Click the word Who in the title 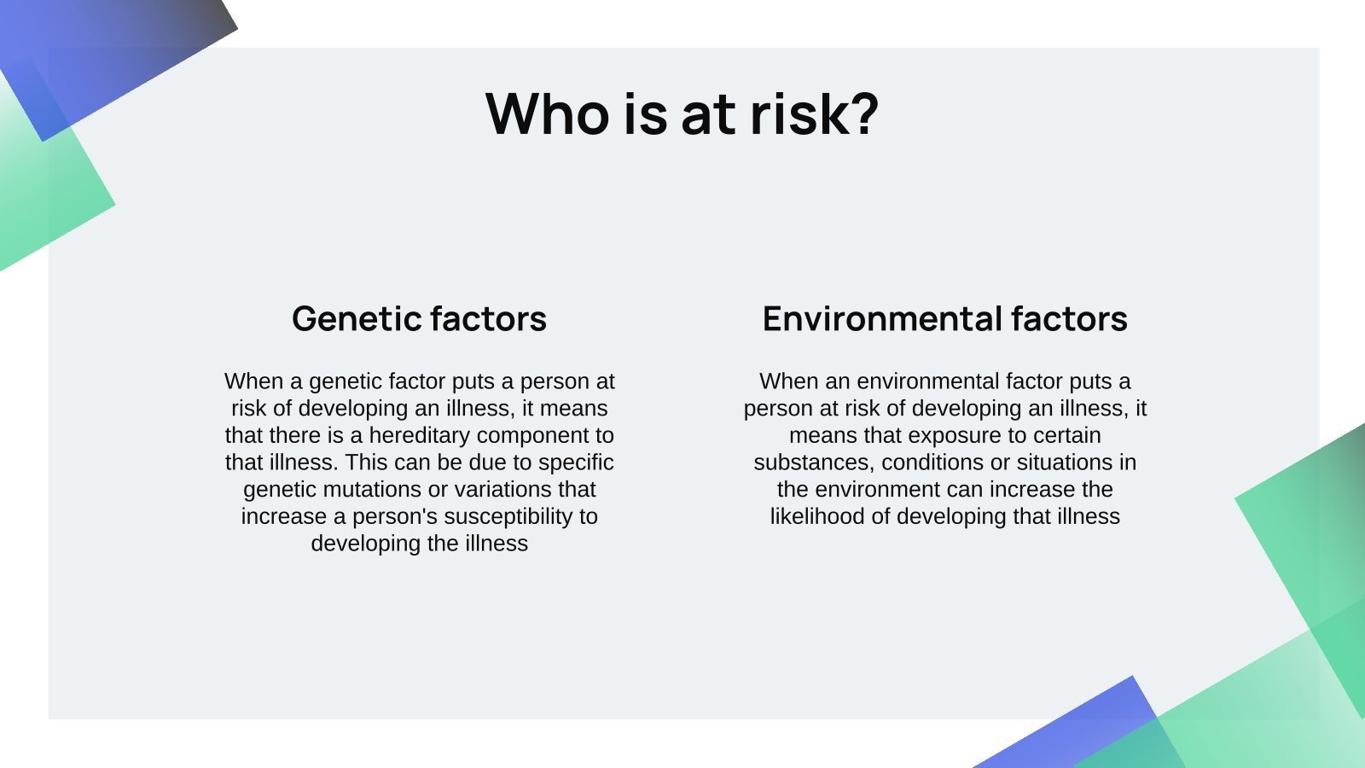547,113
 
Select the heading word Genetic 357,319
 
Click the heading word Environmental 882,319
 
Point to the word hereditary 419,435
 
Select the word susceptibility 508,517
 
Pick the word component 536,436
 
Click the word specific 576,463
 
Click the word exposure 955,436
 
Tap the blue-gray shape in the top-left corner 116,55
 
